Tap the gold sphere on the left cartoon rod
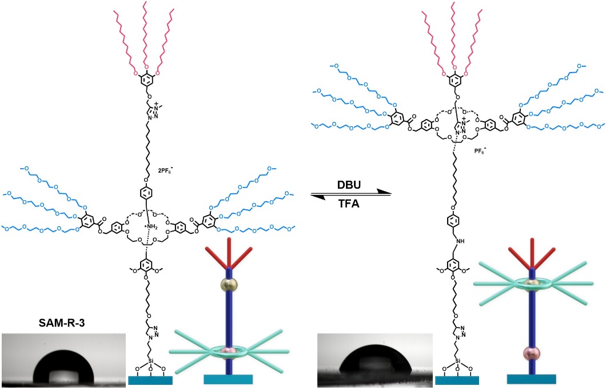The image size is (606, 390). tap(230, 285)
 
